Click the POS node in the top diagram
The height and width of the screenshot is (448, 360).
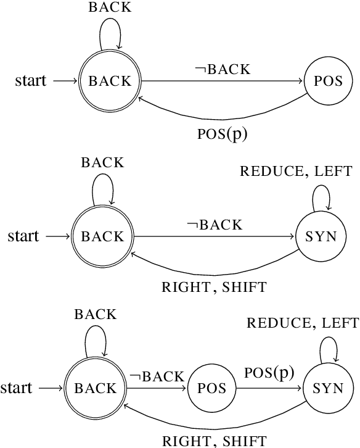pyautogui.click(x=329, y=81)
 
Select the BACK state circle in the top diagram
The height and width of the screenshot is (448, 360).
pyautogui.click(x=110, y=81)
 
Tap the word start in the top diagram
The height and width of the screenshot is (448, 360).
pyautogui.click(x=31, y=81)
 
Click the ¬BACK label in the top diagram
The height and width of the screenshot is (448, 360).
pyautogui.click(x=223, y=69)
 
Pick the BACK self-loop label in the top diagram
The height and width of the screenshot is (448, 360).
pyautogui.click(x=110, y=8)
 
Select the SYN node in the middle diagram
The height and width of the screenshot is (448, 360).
pyautogui.click(x=321, y=236)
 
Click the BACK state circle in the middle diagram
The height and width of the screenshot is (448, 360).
pyautogui.click(x=103, y=236)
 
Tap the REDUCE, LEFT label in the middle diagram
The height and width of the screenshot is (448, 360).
pyautogui.click(x=297, y=171)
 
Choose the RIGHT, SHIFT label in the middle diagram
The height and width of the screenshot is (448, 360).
pyautogui.click(x=214, y=287)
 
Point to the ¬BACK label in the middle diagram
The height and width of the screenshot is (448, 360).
pyautogui.click(x=215, y=225)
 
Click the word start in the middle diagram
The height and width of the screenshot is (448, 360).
pyautogui.click(x=23, y=236)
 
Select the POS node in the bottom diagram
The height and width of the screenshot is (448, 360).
pyautogui.click(x=212, y=388)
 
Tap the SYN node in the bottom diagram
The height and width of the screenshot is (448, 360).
pyautogui.click(x=329, y=388)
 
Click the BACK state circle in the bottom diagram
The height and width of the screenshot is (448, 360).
pyautogui.click(x=96, y=388)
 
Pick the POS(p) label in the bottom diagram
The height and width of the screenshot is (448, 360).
pyautogui.click(x=269, y=373)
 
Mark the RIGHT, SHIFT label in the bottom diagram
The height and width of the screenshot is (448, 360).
pyautogui.click(x=214, y=441)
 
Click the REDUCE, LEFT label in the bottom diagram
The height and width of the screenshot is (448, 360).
pyautogui.click(x=303, y=323)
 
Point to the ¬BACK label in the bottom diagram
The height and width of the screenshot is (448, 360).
pyautogui.click(x=156, y=376)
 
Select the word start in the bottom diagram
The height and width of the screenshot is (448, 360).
pyautogui.click(x=16, y=388)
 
